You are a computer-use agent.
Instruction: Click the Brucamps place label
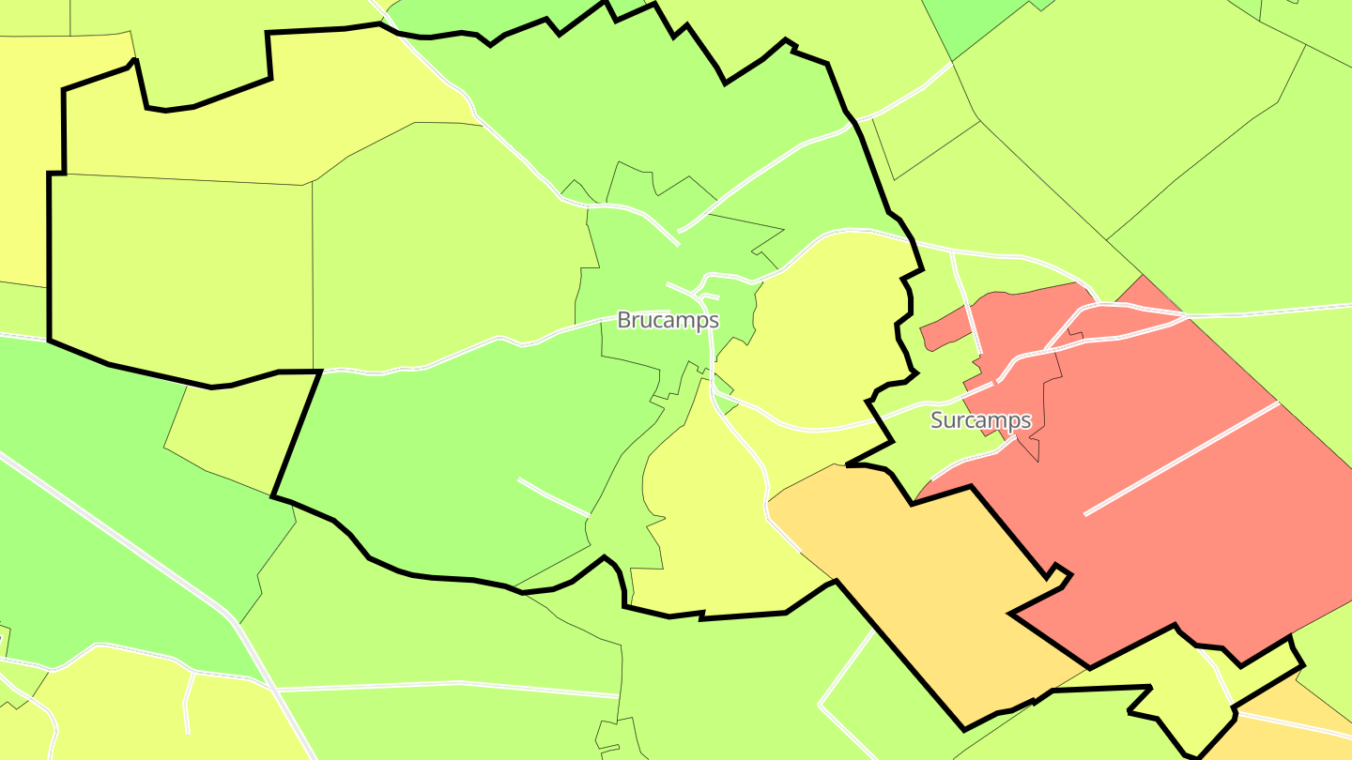(x=668, y=320)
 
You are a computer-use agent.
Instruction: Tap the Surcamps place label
(x=980, y=420)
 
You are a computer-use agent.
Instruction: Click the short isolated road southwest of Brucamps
(x=554, y=496)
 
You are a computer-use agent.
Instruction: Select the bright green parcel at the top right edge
(x=967, y=23)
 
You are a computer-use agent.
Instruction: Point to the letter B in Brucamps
(x=623, y=320)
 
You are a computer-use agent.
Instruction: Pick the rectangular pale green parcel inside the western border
(x=178, y=272)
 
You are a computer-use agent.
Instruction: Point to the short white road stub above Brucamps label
(x=679, y=286)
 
